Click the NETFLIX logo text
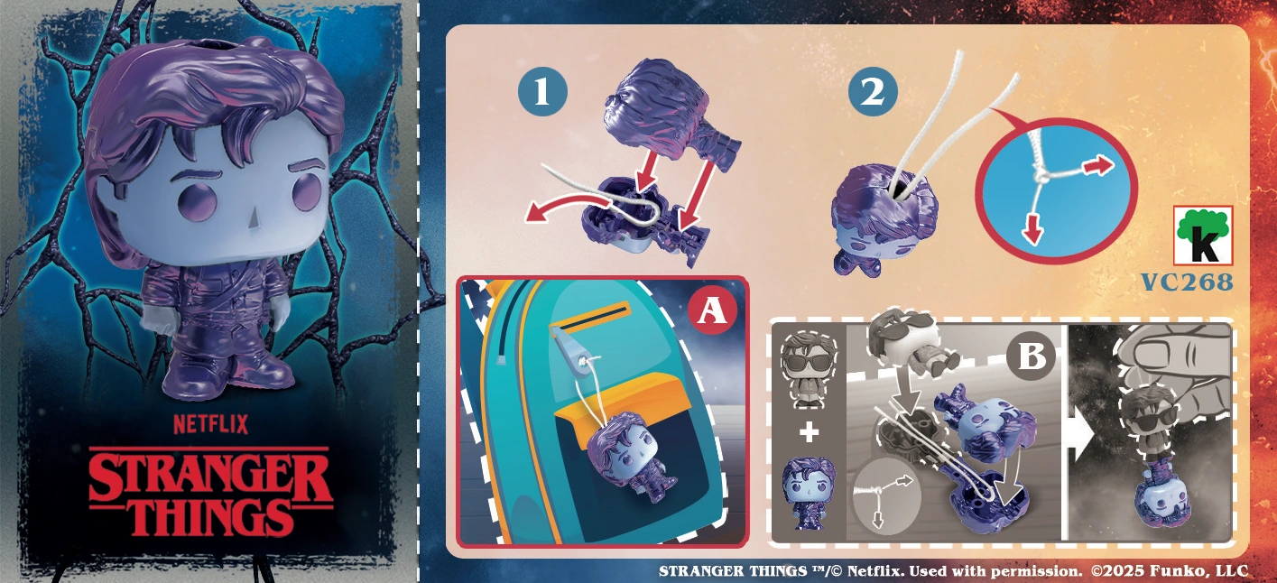point(210,424)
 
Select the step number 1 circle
point(542,91)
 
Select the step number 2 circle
point(872,91)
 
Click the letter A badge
point(712,310)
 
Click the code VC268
point(1187,282)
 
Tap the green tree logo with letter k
point(1203,236)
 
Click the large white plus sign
point(809,432)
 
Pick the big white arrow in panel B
point(1081,436)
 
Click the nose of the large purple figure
point(253,217)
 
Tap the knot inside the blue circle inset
point(1041,178)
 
